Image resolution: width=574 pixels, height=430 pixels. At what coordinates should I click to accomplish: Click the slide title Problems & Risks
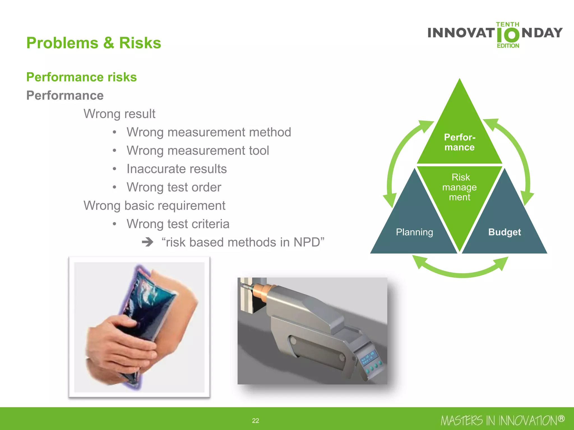[x=94, y=43]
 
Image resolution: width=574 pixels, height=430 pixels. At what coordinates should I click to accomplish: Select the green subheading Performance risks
[x=81, y=77]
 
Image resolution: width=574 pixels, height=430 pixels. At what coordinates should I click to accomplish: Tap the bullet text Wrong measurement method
[x=209, y=132]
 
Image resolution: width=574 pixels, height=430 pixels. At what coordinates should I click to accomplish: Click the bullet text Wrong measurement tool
[x=198, y=151]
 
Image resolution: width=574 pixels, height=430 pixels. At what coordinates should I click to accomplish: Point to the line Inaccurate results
[x=177, y=169]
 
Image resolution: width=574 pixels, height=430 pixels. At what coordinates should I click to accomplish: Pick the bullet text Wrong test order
[x=174, y=187]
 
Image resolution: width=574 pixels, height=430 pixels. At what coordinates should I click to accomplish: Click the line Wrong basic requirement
[x=154, y=205]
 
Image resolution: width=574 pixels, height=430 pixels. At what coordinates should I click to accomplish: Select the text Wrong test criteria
[x=178, y=224]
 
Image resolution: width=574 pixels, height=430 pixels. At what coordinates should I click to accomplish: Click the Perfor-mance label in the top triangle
[x=460, y=142]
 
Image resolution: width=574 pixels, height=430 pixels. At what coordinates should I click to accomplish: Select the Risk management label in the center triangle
[x=460, y=187]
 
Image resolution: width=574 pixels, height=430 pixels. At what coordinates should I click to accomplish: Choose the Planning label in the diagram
[x=414, y=232]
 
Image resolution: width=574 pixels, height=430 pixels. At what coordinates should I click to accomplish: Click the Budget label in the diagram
[x=504, y=232]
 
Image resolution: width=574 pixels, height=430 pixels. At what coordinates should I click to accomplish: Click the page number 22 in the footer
[x=255, y=420]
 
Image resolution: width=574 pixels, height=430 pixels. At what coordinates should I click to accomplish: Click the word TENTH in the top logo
[x=508, y=25]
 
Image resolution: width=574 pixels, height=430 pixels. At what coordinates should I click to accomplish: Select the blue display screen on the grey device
[x=368, y=359]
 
